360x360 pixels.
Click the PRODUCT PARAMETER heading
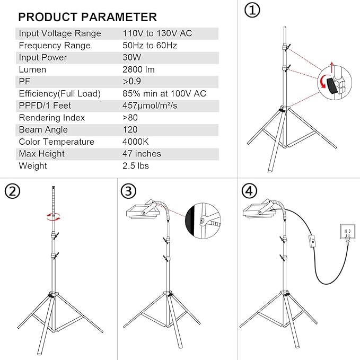click(x=87, y=17)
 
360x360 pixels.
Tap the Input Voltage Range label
click(x=60, y=33)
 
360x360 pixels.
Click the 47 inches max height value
click(x=142, y=154)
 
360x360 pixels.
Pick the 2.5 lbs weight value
click(x=135, y=166)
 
